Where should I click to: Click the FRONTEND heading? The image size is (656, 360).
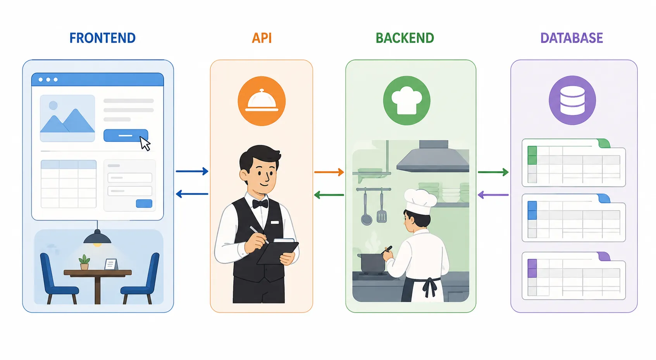click(x=103, y=38)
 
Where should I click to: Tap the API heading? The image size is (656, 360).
click(x=262, y=38)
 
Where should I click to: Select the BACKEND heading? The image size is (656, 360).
click(x=405, y=38)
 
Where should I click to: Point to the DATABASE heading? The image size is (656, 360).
click(x=572, y=38)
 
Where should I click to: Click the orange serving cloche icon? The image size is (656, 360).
click(x=262, y=101)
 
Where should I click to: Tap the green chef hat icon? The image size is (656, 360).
click(x=407, y=100)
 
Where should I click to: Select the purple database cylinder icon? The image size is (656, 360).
click(x=572, y=100)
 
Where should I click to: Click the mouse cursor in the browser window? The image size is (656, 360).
click(x=145, y=143)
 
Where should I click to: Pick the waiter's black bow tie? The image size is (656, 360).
click(x=260, y=204)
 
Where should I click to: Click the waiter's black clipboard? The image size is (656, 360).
click(x=278, y=252)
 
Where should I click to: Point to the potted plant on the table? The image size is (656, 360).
click(x=84, y=262)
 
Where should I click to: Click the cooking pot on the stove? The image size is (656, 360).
click(x=371, y=263)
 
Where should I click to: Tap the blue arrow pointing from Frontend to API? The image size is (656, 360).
click(x=192, y=171)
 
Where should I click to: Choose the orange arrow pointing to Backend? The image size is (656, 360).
click(x=329, y=172)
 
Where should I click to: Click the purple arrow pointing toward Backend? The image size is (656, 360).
click(x=493, y=195)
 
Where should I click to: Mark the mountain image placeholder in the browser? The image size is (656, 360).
click(x=67, y=118)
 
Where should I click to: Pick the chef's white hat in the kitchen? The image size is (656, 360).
click(x=420, y=202)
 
